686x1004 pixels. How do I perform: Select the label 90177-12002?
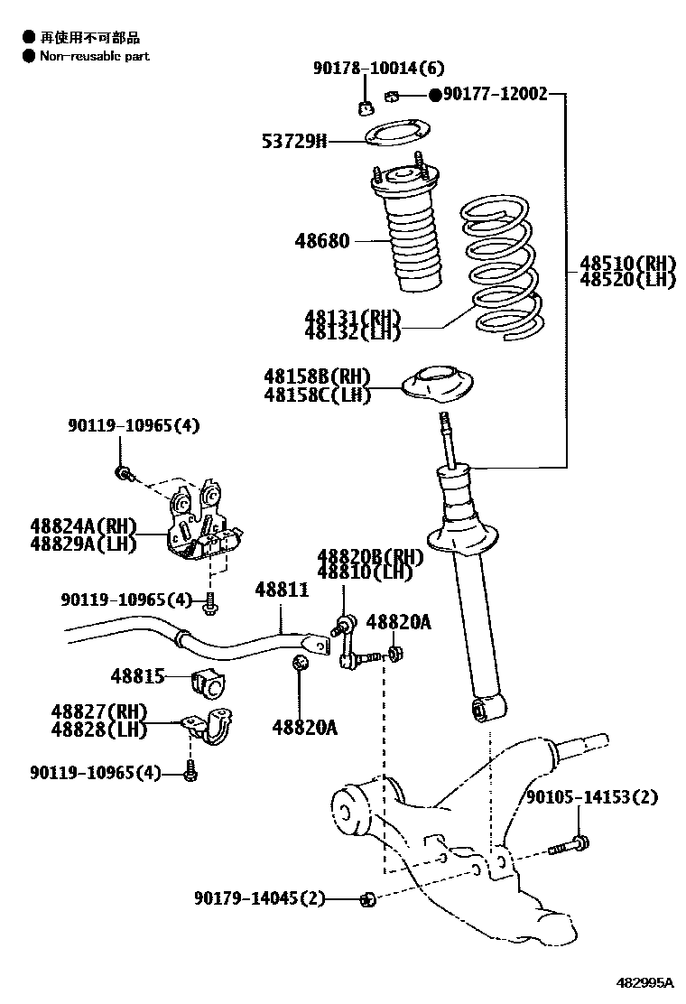[x=494, y=94]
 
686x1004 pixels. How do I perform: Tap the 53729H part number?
[x=294, y=141]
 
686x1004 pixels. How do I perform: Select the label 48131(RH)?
[x=352, y=318]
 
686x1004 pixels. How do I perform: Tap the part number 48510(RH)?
[x=627, y=264]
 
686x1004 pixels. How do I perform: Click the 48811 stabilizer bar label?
[x=282, y=590]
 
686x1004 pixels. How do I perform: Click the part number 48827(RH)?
[x=98, y=711]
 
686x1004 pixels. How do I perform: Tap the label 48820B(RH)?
[x=370, y=556]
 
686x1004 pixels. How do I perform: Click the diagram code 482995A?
[x=644, y=982]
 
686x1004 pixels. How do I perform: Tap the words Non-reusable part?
[x=94, y=56]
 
